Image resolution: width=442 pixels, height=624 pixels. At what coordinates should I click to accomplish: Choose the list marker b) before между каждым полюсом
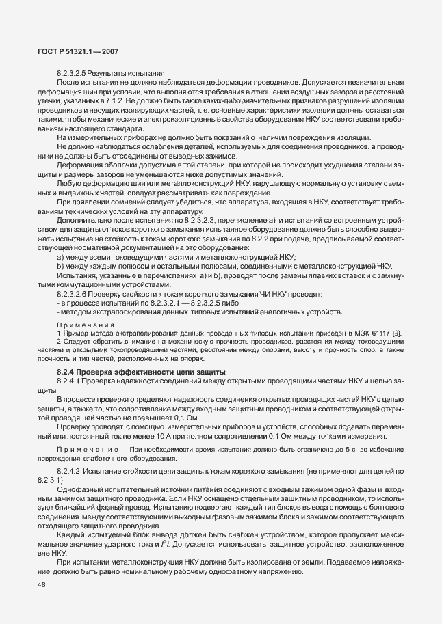click(x=60, y=249)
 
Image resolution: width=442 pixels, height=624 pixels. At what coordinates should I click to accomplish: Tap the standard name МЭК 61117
click(x=373, y=331)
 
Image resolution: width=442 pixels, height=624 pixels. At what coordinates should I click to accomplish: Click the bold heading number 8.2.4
click(x=68, y=370)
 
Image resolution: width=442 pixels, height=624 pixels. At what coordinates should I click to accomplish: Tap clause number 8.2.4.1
click(x=71, y=379)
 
